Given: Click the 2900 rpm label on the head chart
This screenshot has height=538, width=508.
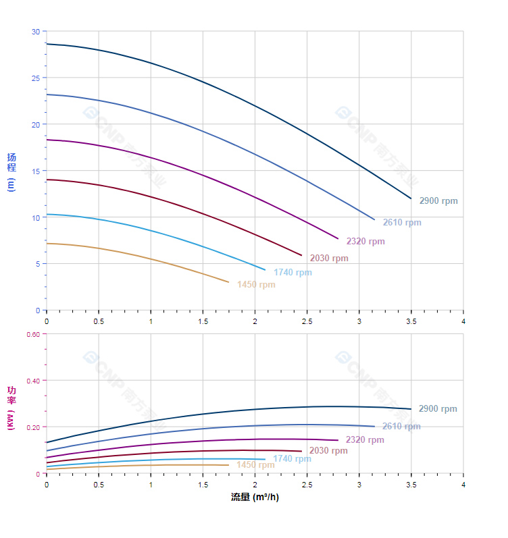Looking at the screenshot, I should [438, 201].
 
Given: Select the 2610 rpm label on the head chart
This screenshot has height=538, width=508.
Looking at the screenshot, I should [402, 223].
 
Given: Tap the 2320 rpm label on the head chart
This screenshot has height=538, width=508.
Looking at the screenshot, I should [365, 242].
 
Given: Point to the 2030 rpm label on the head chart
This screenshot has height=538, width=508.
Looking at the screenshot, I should [329, 259].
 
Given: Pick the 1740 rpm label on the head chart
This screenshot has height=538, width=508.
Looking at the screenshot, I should [293, 273].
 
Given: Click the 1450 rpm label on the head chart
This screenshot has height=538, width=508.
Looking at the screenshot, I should [256, 285].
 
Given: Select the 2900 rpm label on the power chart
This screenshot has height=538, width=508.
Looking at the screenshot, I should [438, 409].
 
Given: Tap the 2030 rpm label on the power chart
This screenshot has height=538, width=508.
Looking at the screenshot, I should [328, 451].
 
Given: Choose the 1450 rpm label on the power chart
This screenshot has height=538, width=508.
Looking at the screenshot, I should [255, 465].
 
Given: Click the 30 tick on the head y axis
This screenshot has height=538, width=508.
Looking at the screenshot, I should [36, 32].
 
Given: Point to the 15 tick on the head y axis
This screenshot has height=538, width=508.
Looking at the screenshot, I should [36, 171].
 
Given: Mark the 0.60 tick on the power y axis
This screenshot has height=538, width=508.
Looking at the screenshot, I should [33, 334].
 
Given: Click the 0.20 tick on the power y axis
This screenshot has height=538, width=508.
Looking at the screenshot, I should [33, 427].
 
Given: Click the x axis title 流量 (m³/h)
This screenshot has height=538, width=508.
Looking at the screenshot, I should [255, 497].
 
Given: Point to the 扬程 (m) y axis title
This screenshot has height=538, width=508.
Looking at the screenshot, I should [11, 172].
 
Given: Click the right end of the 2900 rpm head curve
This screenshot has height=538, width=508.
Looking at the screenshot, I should [411, 198].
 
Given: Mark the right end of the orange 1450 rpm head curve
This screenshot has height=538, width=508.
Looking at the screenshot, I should [228, 282].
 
